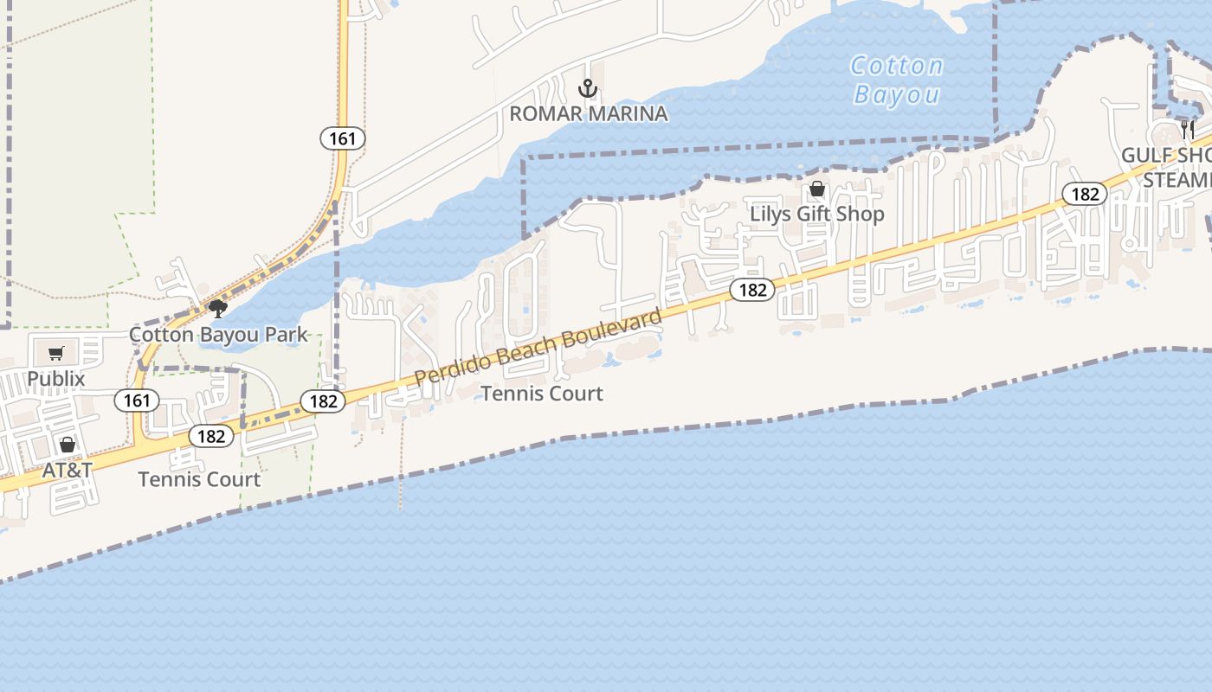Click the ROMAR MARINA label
click(588, 113)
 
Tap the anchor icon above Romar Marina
click(588, 88)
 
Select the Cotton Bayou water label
click(897, 80)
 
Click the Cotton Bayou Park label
click(218, 334)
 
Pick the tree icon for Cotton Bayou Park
click(217, 309)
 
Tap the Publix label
click(56, 378)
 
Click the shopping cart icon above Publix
click(56, 353)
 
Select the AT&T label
click(68, 470)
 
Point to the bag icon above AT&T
click(68, 445)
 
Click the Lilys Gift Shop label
click(817, 214)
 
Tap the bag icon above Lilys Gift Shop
click(816, 189)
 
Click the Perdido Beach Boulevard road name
click(538, 348)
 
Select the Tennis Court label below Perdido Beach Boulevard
click(542, 394)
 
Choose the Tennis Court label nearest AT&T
click(199, 479)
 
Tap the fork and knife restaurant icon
click(1188, 130)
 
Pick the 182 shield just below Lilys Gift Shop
click(752, 290)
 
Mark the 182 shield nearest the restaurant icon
click(1085, 194)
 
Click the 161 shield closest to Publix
click(136, 400)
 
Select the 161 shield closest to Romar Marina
click(343, 138)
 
